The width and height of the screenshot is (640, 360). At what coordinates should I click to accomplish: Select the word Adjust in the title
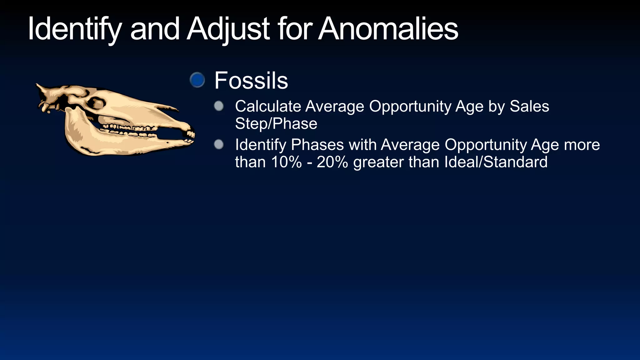(x=228, y=29)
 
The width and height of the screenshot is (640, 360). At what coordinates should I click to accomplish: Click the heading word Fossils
(x=251, y=81)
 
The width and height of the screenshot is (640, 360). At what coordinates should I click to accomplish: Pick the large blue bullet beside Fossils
(x=197, y=80)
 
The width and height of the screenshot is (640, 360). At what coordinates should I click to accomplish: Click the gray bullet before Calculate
(x=219, y=106)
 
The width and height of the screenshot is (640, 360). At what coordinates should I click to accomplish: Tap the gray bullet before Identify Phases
(x=219, y=144)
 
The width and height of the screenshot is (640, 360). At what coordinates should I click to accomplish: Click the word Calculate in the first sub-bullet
(x=268, y=106)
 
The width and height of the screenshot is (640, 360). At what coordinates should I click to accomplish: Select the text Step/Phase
(x=276, y=123)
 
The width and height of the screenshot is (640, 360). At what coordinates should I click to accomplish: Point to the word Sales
(x=529, y=106)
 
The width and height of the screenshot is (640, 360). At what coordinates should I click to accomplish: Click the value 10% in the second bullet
(x=286, y=162)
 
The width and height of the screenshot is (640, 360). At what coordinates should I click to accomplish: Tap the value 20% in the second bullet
(x=332, y=162)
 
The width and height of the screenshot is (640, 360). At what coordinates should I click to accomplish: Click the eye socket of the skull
(x=96, y=103)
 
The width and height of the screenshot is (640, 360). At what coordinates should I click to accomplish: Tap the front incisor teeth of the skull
(x=190, y=135)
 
